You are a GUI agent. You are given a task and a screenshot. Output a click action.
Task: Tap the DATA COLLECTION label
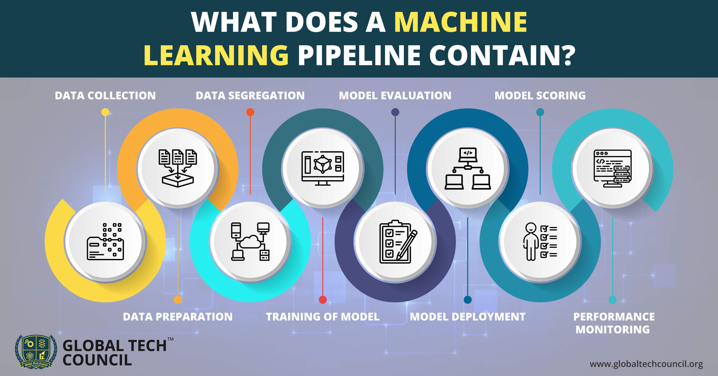click(x=105, y=95)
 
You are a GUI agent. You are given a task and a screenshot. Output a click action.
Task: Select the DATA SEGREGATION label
click(x=250, y=95)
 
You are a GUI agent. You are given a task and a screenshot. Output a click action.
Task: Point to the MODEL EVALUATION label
click(x=395, y=95)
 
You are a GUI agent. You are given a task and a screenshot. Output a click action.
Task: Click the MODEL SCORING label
click(x=540, y=95)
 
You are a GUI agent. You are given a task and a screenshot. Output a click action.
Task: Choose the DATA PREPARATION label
click(x=178, y=317)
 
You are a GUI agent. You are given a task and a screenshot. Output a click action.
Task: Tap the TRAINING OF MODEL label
click(x=323, y=317)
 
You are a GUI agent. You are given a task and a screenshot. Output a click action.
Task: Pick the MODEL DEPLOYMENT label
click(x=468, y=317)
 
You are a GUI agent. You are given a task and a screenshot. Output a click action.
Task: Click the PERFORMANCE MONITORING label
click(x=613, y=323)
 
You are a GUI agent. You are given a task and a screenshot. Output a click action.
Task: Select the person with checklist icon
click(x=540, y=242)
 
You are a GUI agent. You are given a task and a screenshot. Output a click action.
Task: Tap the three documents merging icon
click(x=178, y=168)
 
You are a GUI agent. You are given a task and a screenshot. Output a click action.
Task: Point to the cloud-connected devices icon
click(x=250, y=242)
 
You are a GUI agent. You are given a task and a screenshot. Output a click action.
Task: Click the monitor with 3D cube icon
click(x=323, y=168)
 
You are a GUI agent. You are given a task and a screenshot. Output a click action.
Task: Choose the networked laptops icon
click(x=468, y=168)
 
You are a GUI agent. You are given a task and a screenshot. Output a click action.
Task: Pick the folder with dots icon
click(x=105, y=242)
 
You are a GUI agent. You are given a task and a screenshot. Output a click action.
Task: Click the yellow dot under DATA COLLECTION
click(x=105, y=112)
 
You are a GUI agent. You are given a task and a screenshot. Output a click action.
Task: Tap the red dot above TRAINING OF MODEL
click(x=323, y=300)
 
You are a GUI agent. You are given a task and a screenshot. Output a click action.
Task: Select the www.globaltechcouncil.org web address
click(x=646, y=364)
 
